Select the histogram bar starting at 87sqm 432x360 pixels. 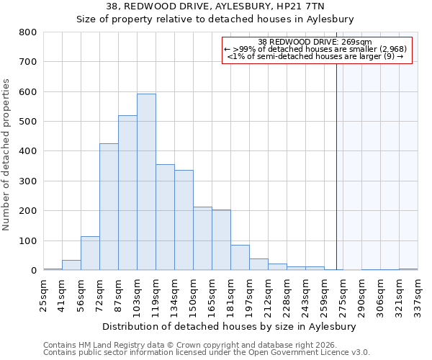click(x=127, y=193)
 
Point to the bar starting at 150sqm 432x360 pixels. click(x=202, y=238)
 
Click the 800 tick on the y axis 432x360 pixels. click(x=28, y=32)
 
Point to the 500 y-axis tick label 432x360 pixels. click(x=28, y=122)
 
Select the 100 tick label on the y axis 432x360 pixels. click(x=28, y=240)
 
